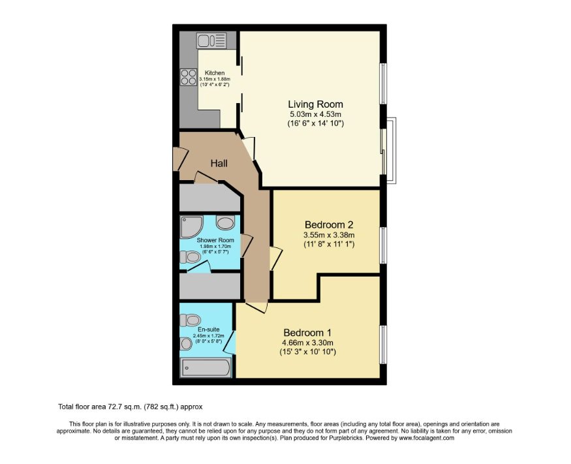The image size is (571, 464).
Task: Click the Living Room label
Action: tap(315, 104)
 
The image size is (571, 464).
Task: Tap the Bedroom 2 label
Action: tap(329, 224)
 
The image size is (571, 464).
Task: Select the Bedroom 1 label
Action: tap(307, 333)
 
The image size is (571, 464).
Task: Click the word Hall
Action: tap(219, 163)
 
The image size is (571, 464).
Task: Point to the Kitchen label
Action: tap(215, 73)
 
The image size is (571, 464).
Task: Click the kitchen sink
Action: tap(211, 40)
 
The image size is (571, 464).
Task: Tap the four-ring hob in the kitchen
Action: tap(189, 77)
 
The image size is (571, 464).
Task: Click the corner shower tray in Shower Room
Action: tap(191, 227)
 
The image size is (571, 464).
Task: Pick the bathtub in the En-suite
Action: tap(206, 367)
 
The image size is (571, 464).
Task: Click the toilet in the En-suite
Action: tap(190, 320)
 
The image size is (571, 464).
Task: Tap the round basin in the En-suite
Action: tap(186, 343)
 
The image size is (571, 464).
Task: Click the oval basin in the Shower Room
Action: tap(225, 223)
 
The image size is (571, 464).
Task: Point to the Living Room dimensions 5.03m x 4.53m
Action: tap(315, 114)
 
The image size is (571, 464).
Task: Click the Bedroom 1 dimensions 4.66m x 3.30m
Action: tap(308, 343)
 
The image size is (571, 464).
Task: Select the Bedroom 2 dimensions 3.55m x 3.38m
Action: tap(329, 235)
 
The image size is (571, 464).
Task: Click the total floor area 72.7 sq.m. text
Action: tap(130, 407)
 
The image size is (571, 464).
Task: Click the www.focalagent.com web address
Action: tap(426, 438)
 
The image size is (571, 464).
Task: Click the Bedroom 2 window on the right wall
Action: tap(383, 245)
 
